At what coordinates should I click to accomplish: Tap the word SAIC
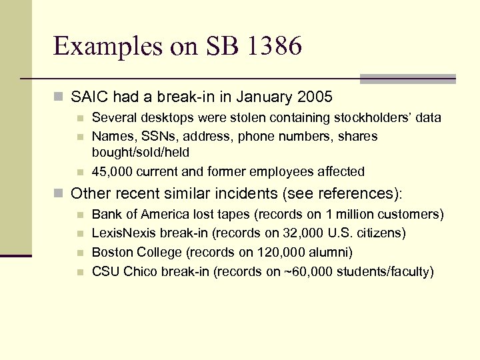tap(89, 97)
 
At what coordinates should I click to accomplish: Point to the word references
tap(347, 194)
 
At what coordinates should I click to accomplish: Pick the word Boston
tap(112, 252)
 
